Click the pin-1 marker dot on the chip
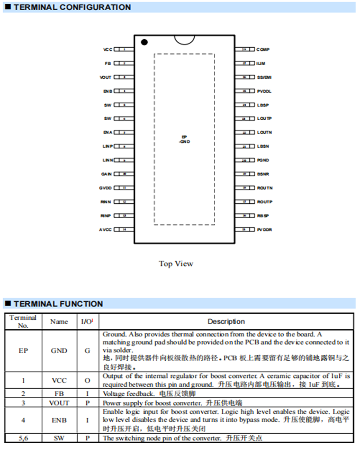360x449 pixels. click(x=144, y=42)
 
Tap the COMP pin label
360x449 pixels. click(x=263, y=49)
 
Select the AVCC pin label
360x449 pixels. click(x=105, y=229)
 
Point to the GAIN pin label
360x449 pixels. click(x=106, y=174)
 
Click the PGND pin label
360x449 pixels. click(x=263, y=160)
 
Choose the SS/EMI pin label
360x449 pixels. click(x=264, y=77)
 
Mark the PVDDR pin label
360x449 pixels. click(x=265, y=229)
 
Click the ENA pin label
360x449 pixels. click(x=107, y=132)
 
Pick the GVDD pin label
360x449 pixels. click(x=105, y=188)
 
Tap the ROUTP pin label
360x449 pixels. click(x=265, y=202)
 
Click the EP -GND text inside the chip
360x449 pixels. click(x=184, y=139)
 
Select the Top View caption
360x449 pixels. click(x=176, y=264)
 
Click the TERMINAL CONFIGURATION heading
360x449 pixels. click(x=72, y=7)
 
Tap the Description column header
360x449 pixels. click(x=226, y=321)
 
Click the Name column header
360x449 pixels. click(x=59, y=321)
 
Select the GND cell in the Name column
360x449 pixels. click(x=59, y=351)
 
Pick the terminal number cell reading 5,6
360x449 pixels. click(x=23, y=438)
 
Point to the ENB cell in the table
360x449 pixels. click(x=59, y=420)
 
